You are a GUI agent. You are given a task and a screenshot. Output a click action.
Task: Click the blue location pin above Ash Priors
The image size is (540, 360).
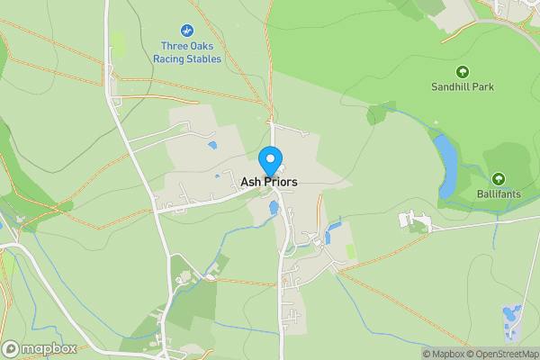click(269, 160)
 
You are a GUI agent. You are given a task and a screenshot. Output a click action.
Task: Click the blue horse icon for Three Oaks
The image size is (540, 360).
click(189, 29)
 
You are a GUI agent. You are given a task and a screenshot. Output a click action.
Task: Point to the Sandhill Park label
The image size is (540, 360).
click(463, 87)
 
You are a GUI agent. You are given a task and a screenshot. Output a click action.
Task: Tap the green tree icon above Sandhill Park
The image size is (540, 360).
click(463, 72)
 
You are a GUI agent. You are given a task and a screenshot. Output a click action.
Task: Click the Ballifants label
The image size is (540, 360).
click(499, 193)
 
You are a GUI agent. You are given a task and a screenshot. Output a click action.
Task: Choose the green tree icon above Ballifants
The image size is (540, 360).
click(499, 178)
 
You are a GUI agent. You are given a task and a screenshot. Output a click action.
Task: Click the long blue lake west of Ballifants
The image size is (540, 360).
click(445, 166)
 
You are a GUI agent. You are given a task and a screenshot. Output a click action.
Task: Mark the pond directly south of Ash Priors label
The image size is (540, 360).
click(273, 210)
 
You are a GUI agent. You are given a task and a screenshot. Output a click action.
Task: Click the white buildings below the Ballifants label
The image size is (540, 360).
click(414, 220)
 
